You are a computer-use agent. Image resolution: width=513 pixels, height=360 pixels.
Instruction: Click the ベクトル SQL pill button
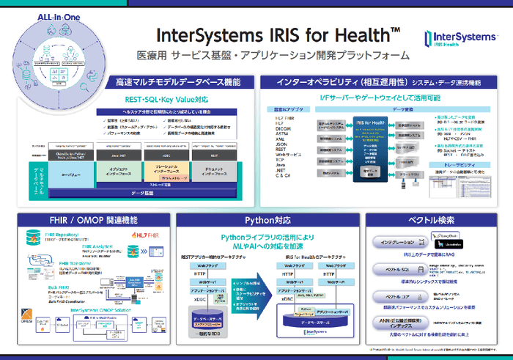(x=398, y=270)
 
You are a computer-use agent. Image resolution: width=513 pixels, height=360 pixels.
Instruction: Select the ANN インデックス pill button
(x=398, y=321)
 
